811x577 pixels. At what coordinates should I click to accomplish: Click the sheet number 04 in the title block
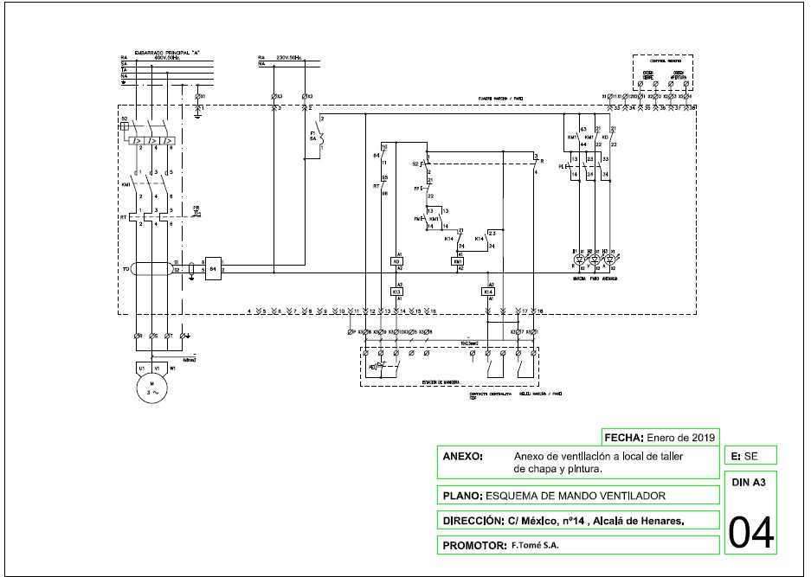tap(751, 531)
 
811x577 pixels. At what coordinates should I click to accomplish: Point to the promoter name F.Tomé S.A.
tap(535, 545)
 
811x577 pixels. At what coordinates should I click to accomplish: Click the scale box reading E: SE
tap(750, 455)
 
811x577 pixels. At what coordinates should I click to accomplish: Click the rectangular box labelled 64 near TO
tap(212, 269)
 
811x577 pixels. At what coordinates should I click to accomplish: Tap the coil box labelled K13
tap(397, 292)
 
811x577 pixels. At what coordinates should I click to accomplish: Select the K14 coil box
tap(489, 292)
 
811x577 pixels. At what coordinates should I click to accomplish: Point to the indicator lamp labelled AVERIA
tap(608, 259)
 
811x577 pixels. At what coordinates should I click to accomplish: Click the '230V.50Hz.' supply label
tap(288, 57)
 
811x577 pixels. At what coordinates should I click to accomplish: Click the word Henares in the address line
tap(660, 521)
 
